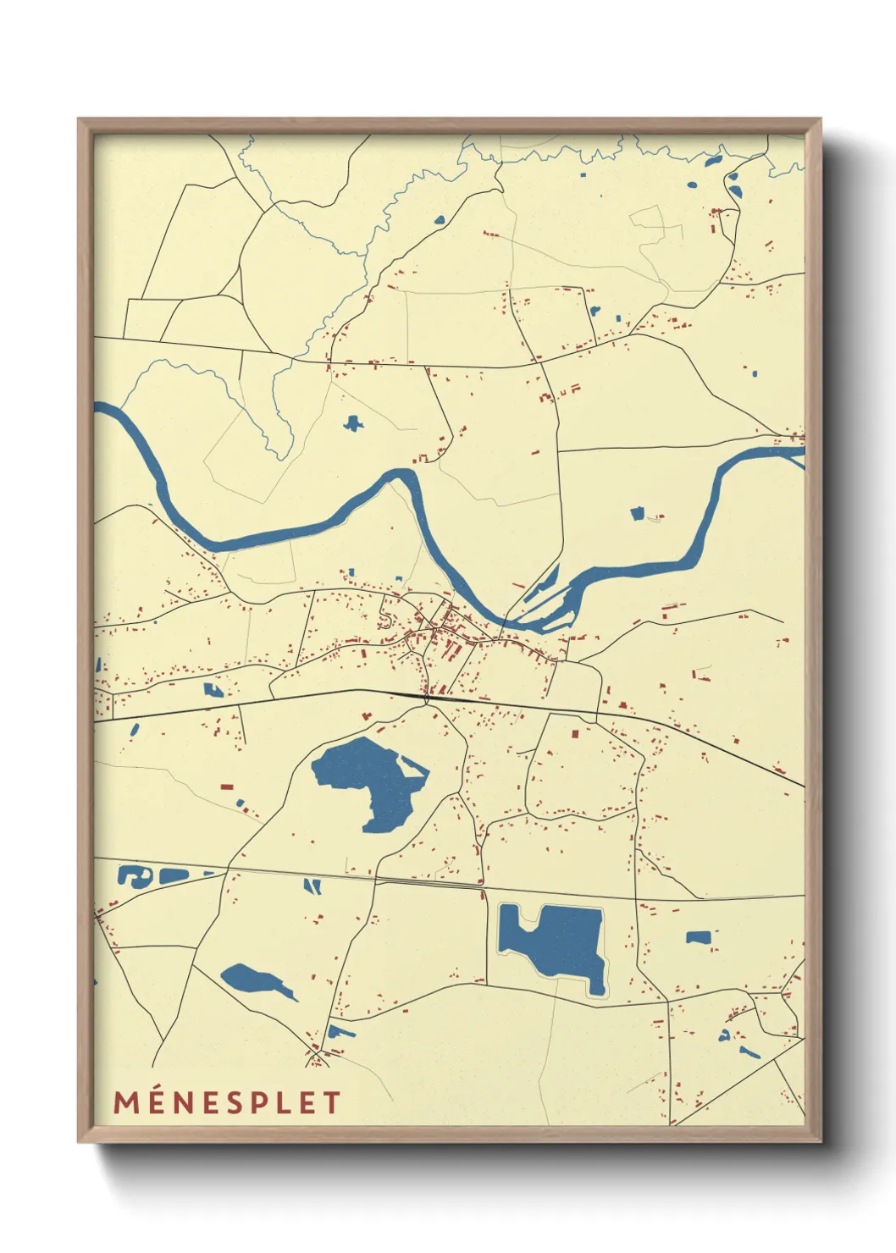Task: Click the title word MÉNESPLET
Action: tap(227, 1102)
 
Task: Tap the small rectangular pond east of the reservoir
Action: tap(698, 937)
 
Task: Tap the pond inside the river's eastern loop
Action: tap(637, 513)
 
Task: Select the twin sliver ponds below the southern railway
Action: tap(312, 886)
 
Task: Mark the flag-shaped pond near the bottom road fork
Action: tap(339, 1031)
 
